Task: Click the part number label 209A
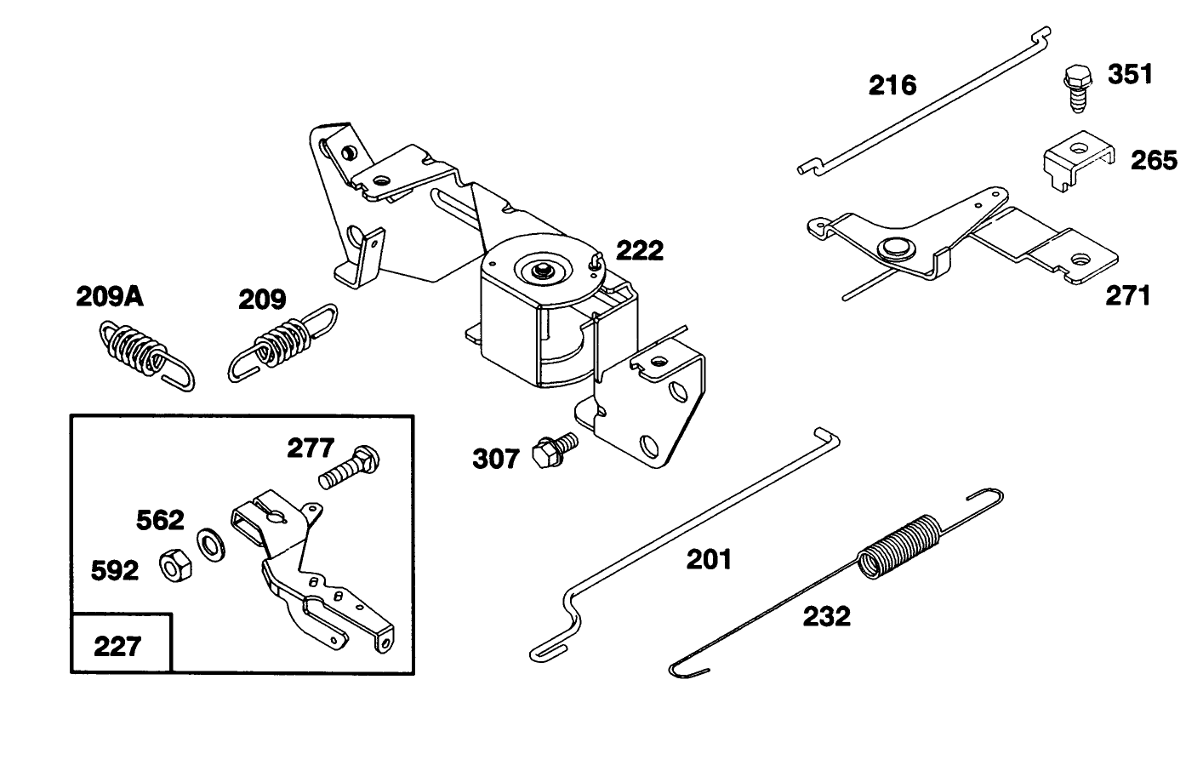click(x=109, y=297)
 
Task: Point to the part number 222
click(x=639, y=250)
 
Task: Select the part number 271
click(x=1127, y=296)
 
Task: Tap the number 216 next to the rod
click(x=892, y=85)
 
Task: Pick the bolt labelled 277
click(x=349, y=466)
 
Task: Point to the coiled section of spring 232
click(x=900, y=545)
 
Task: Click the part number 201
click(x=709, y=559)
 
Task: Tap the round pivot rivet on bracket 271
click(x=892, y=248)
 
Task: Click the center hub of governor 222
click(x=541, y=270)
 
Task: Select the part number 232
click(x=826, y=615)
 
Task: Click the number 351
click(x=1130, y=74)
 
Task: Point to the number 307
click(x=495, y=460)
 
